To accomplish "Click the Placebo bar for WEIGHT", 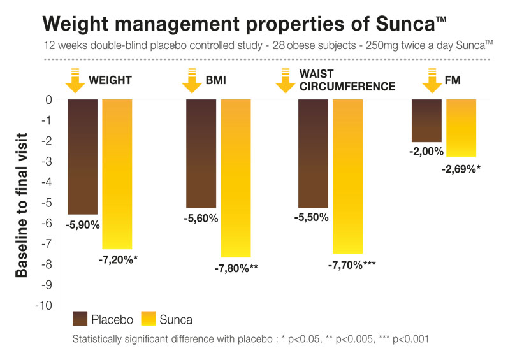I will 82,157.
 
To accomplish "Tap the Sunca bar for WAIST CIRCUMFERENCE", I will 347,176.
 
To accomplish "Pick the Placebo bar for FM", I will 426,120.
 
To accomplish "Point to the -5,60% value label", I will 201,219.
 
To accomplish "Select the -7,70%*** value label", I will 351,263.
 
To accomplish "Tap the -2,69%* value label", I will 461,169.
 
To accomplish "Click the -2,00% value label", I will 426,151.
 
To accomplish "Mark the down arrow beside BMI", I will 191,80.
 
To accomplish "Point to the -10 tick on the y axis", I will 43,306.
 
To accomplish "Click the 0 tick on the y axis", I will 48,100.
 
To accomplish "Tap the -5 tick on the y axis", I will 46,203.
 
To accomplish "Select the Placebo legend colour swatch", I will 81,319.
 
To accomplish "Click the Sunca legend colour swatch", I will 147,319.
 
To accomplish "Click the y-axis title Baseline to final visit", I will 22,203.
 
